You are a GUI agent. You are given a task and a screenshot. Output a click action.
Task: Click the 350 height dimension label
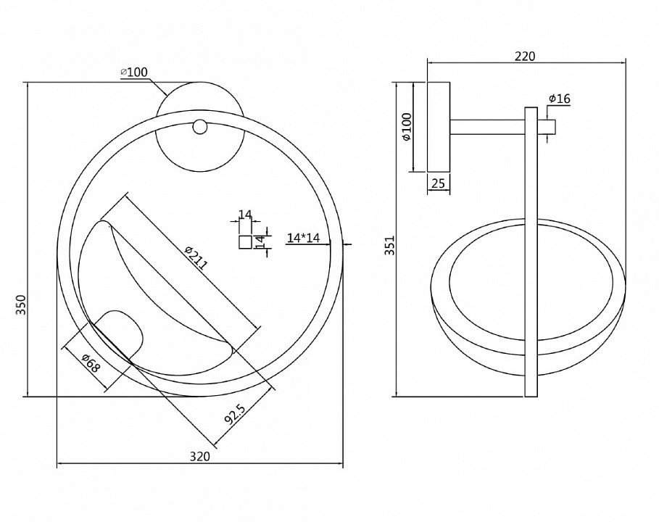click(x=21, y=305)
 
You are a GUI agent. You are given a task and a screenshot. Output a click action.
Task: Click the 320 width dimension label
click(x=199, y=457)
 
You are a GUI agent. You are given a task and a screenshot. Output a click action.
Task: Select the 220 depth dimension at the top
click(x=526, y=57)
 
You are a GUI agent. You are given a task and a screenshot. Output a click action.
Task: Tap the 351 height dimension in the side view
click(x=391, y=245)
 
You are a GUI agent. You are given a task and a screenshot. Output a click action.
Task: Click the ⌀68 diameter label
click(x=91, y=363)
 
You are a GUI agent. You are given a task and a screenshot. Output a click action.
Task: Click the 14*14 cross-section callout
click(x=304, y=239)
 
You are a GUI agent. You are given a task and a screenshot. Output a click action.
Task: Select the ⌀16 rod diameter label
click(x=560, y=99)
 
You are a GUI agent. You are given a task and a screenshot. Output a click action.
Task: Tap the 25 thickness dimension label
click(x=438, y=183)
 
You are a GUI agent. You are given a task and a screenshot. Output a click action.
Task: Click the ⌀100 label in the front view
click(x=134, y=72)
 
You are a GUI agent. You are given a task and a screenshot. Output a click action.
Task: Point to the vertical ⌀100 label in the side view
click(x=407, y=126)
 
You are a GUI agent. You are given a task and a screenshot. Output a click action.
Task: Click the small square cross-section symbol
click(x=246, y=242)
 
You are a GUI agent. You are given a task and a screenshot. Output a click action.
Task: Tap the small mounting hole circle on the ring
click(x=199, y=127)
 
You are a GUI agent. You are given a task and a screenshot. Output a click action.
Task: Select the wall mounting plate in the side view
click(x=439, y=127)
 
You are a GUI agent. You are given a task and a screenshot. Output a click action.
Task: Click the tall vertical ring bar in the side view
click(x=531, y=252)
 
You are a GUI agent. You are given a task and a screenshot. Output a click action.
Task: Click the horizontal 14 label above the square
click(x=245, y=215)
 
